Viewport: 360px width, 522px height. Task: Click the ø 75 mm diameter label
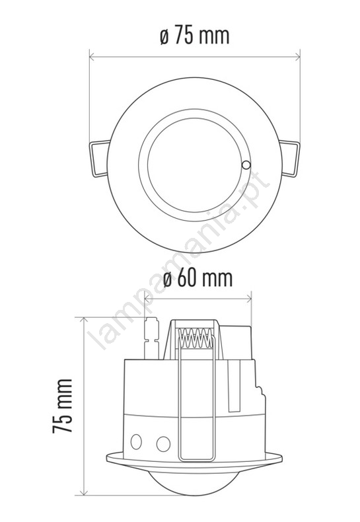point(195,36)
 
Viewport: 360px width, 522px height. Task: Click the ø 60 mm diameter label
point(198,278)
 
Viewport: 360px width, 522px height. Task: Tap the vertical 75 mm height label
point(62,406)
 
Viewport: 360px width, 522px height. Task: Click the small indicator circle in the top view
point(246,165)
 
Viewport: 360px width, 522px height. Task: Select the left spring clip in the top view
point(99,159)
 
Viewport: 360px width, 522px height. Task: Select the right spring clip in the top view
point(289,159)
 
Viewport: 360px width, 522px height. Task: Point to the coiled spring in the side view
point(196,338)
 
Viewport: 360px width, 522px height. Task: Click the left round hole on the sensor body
point(136,442)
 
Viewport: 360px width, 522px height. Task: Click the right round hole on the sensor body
point(163,444)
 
